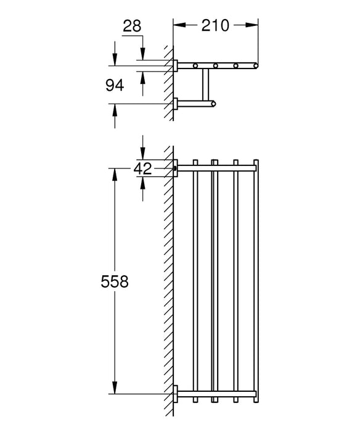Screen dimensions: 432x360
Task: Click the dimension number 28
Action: coord(133,27)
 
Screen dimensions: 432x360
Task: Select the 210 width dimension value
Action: coord(215,25)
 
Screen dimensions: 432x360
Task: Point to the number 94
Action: coord(115,85)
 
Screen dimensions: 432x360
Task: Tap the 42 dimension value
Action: coord(143,168)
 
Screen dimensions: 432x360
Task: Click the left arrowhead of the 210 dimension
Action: coord(178,25)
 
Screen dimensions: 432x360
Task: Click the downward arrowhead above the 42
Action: coord(143,156)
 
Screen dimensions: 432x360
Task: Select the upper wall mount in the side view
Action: coord(176,65)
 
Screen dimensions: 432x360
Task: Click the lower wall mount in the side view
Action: coord(176,104)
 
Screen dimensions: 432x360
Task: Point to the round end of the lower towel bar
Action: coord(214,104)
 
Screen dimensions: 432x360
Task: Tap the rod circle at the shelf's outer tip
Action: coord(253,65)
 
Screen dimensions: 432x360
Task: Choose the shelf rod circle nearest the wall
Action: coord(195,65)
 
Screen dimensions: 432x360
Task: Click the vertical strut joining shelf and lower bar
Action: coord(203,85)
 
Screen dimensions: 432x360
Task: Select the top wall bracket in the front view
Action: coord(176,168)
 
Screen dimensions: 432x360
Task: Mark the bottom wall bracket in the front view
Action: coord(176,393)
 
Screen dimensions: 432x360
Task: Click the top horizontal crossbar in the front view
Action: coord(216,168)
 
